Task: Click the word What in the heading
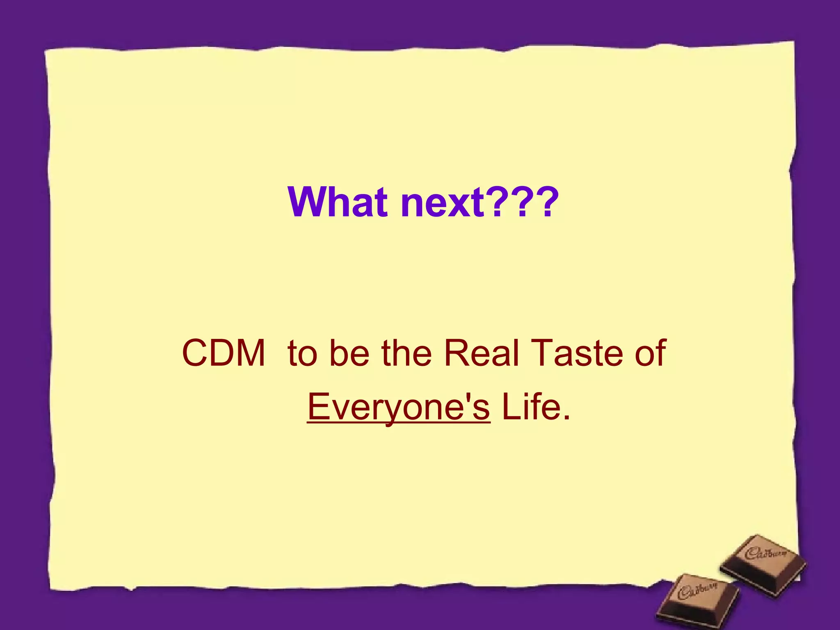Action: point(337,202)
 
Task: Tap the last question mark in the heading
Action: point(546,202)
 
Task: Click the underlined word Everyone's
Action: point(398,407)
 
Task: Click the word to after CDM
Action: point(302,354)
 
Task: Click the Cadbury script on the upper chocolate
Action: point(765,554)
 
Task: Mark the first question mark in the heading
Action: point(495,202)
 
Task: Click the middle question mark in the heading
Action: point(521,202)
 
